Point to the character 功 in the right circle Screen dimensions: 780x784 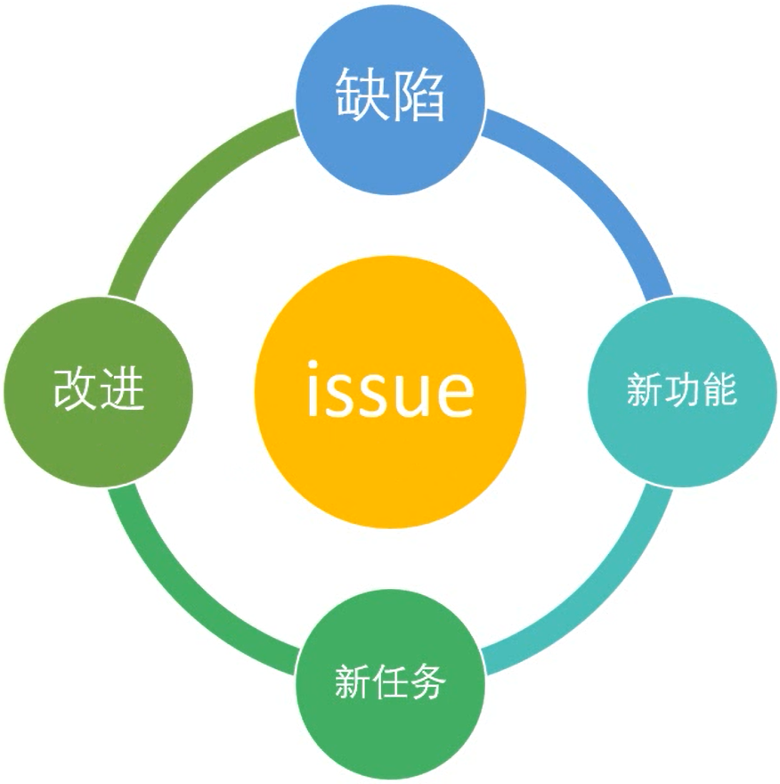point(682,389)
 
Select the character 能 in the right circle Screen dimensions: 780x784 point(720,389)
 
